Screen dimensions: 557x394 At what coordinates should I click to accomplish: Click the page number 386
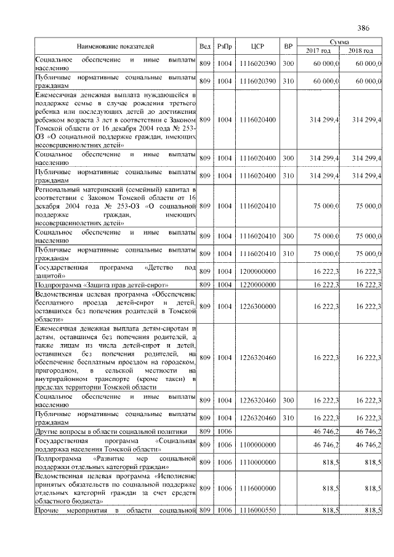pyautogui.click(x=363, y=28)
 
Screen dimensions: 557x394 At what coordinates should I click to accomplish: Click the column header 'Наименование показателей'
pyautogui.click(x=115, y=46)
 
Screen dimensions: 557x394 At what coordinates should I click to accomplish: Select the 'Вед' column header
pyautogui.click(x=205, y=46)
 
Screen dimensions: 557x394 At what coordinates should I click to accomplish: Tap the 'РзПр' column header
pyautogui.click(x=225, y=46)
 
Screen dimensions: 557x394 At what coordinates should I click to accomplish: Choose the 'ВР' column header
pyautogui.click(x=287, y=46)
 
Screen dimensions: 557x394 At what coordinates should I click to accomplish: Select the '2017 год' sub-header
pyautogui.click(x=318, y=50)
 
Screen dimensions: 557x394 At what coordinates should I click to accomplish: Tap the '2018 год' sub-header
pyautogui.click(x=361, y=50)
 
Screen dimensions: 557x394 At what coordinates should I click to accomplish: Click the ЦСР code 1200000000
pyautogui.click(x=258, y=271)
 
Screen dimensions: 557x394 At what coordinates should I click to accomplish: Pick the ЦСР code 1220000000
pyautogui.click(x=258, y=286)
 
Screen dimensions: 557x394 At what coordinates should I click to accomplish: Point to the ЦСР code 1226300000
pyautogui.click(x=258, y=307)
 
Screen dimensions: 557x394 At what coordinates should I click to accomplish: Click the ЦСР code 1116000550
pyautogui.click(x=258, y=510)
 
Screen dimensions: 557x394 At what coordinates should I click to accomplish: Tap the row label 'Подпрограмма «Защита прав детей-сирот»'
pyautogui.click(x=98, y=286)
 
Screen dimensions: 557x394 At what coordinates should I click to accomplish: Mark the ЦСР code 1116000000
pyautogui.click(x=258, y=488)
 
